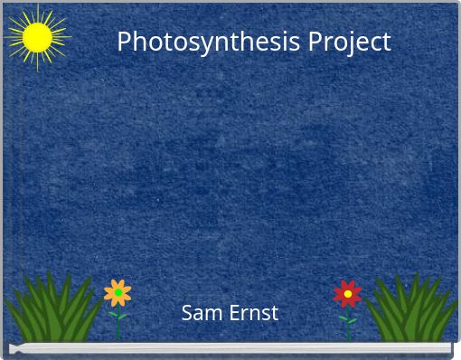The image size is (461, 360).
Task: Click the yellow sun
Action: coord(37,37)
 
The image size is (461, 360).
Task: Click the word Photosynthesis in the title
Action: coord(209,42)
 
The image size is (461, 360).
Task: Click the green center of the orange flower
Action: coord(118,293)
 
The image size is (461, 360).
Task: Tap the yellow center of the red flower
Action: coord(347,293)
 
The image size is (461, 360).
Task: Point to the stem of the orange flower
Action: coord(118,321)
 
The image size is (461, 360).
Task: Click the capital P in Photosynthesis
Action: coord(125,42)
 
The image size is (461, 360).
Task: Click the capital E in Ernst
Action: coord(232,313)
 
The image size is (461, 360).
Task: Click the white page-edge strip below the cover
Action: coord(230,347)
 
